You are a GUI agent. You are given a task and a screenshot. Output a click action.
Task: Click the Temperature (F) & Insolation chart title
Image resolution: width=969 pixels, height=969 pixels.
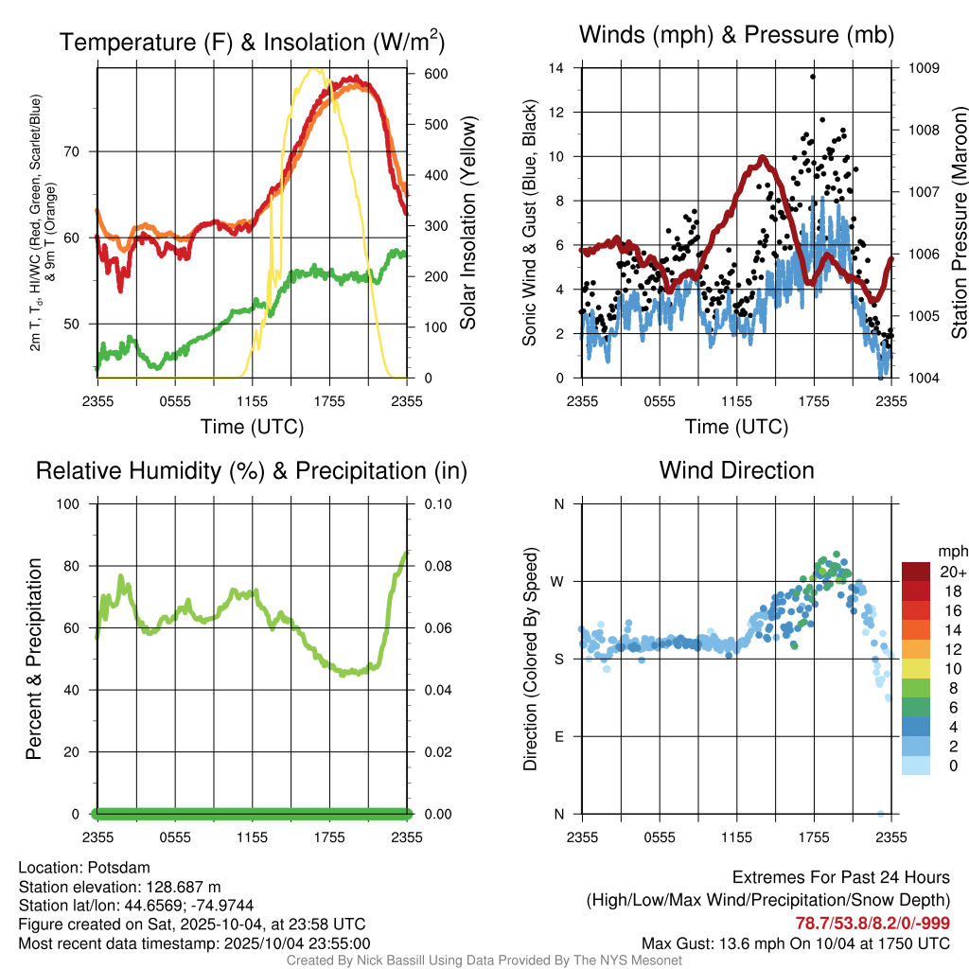click(252, 42)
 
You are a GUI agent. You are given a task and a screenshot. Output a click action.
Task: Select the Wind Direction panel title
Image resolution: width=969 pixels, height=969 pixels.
click(736, 470)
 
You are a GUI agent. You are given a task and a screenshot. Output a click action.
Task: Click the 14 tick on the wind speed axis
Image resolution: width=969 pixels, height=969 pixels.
click(556, 68)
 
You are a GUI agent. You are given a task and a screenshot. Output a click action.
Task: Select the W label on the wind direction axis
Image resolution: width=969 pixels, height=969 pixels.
click(558, 581)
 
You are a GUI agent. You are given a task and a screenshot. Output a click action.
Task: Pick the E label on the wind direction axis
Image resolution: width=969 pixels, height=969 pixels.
click(558, 736)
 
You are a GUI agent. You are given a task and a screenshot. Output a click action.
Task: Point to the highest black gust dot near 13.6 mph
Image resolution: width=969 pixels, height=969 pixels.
click(812, 77)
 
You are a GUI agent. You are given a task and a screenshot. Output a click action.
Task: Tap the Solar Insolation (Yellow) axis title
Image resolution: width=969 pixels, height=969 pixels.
click(467, 223)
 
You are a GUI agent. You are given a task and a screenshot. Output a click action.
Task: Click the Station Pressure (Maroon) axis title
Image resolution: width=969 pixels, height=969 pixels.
click(959, 223)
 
